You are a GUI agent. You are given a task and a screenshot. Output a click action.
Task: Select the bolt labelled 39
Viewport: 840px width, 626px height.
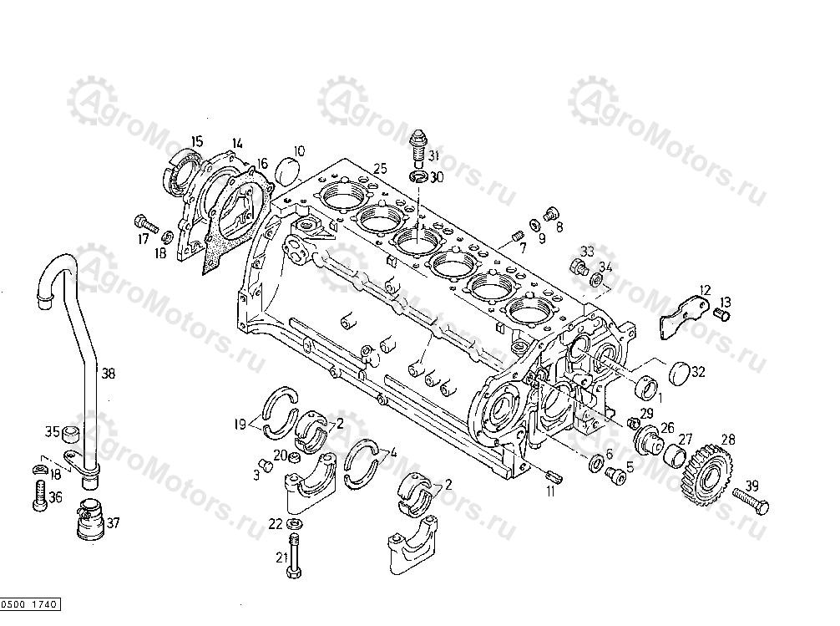point(751,500)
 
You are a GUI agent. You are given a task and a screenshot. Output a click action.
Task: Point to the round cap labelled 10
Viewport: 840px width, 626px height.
point(288,169)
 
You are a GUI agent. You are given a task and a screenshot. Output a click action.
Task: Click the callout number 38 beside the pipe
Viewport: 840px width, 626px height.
point(109,373)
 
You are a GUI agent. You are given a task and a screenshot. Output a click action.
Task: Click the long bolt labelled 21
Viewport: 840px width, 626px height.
point(294,556)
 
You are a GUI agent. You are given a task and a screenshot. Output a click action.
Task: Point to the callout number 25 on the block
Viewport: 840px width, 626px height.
point(380,169)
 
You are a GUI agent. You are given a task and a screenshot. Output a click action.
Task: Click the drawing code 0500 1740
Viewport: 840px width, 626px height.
point(29,604)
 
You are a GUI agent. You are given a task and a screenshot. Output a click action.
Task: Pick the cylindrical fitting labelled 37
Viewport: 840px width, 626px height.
point(88,518)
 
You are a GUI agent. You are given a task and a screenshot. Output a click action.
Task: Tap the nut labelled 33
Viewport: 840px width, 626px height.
point(579,265)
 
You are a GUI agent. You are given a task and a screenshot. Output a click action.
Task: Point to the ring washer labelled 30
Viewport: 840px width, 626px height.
point(418,176)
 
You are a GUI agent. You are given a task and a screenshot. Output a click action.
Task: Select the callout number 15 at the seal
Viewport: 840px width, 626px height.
point(197,142)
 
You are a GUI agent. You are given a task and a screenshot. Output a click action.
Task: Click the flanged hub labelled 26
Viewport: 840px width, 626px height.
point(648,439)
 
